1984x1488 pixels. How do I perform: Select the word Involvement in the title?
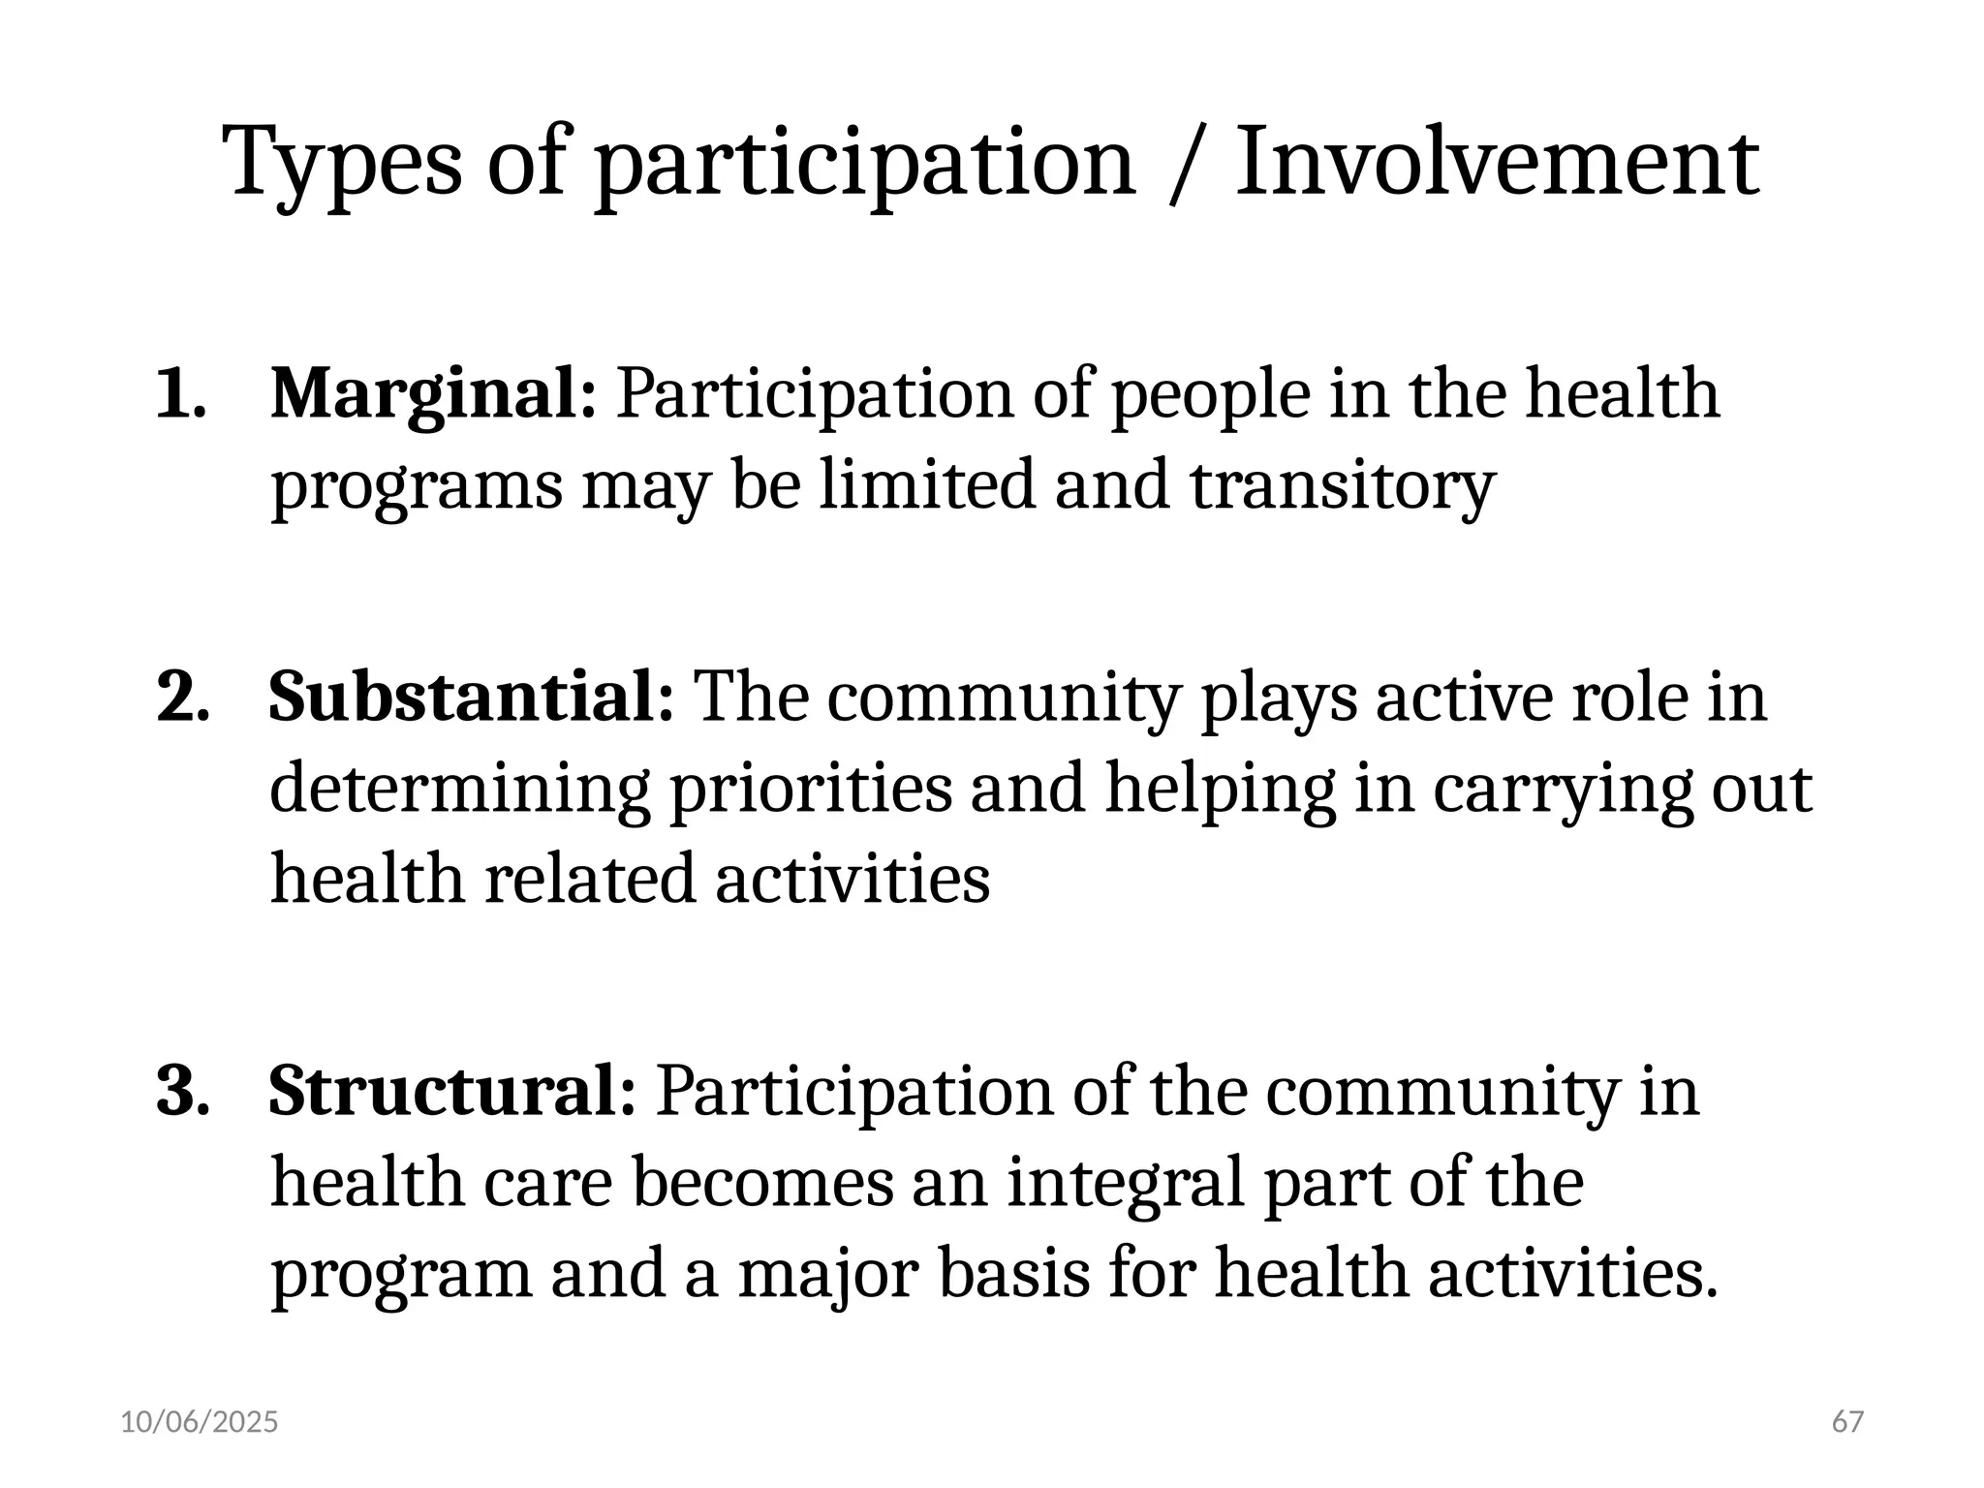[1497, 162]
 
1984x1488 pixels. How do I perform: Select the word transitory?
[1343, 486]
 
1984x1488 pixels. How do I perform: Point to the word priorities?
[811, 790]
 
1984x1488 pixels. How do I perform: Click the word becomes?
[762, 1184]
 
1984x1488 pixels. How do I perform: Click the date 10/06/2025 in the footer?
[200, 1422]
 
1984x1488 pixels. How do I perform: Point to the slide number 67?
[1847, 1422]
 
